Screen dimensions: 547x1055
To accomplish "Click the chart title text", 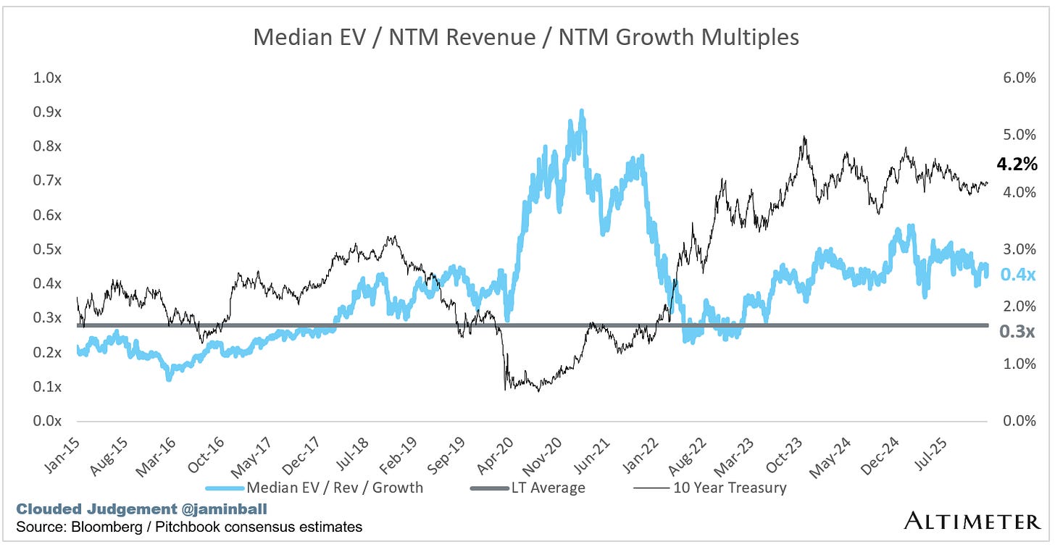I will click(x=526, y=37).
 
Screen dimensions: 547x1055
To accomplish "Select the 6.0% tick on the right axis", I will click(x=1019, y=78).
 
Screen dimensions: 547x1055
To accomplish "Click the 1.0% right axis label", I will click(x=1019, y=364).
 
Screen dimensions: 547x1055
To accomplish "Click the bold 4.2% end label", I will click(x=1017, y=165).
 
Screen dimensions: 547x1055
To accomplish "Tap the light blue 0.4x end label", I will click(x=1017, y=275).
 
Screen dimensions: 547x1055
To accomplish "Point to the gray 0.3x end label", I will click(x=1017, y=332).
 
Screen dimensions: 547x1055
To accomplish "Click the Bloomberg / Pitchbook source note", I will click(x=183, y=527).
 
